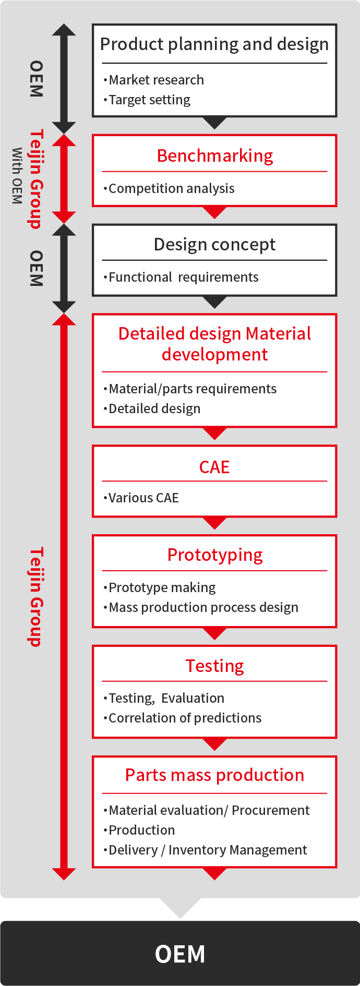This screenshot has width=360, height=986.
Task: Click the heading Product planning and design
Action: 214,44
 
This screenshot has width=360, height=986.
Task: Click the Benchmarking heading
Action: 214,156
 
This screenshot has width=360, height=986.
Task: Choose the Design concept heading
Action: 214,245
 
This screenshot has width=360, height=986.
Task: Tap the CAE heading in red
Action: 214,467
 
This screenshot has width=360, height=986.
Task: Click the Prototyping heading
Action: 214,555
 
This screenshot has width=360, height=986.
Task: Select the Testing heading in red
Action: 214,666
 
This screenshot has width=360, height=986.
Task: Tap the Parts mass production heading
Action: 214,775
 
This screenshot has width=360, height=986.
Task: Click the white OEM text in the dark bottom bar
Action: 180,954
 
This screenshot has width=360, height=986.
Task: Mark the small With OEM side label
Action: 17,176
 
